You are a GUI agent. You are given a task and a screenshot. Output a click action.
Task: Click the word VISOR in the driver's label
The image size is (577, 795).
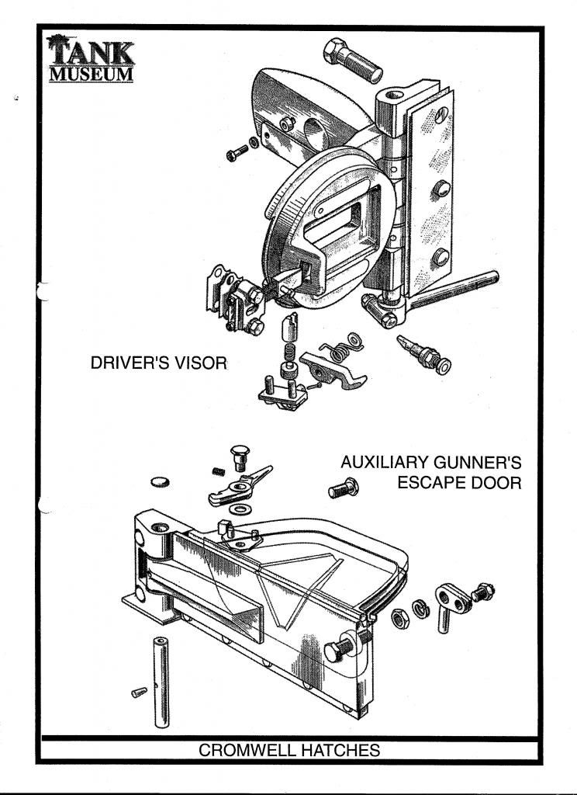tap(202, 363)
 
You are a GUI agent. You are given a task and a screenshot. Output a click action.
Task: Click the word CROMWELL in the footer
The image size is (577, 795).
tap(247, 751)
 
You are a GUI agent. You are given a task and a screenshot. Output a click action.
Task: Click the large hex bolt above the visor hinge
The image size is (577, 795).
tap(353, 60)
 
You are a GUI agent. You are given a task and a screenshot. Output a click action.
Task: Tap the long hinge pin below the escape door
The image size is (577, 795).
tap(161, 682)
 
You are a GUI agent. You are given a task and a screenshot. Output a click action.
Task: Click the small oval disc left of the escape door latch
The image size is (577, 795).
tap(161, 481)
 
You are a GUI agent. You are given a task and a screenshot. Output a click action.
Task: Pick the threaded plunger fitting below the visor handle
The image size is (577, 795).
tap(423, 353)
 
